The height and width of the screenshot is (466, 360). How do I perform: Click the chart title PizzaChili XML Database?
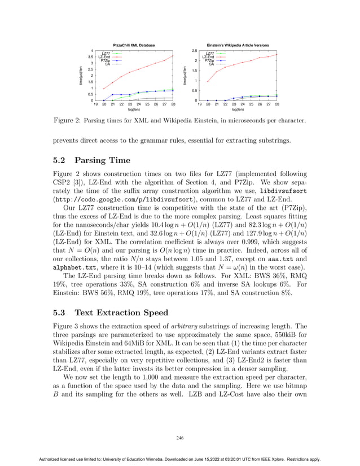[x=134, y=45]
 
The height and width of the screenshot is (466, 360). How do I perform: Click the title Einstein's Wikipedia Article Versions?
[x=238, y=45]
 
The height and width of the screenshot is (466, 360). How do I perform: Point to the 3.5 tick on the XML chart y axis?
[x=90, y=57]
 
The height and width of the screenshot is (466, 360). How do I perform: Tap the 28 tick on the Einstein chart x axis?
[x=277, y=104]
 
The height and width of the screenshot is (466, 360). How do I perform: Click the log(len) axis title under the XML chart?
[x=134, y=109]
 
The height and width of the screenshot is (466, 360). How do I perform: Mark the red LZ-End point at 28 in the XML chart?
[x=173, y=55]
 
